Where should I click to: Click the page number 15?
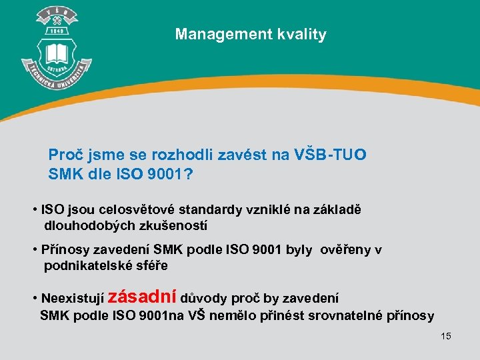[x=445, y=336]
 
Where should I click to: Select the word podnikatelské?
[x=89, y=266]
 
